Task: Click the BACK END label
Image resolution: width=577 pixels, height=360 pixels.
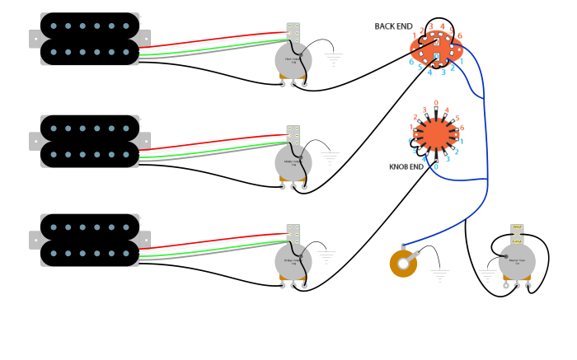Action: pyautogui.click(x=393, y=26)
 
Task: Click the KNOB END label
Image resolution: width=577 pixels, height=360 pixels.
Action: pyautogui.click(x=406, y=166)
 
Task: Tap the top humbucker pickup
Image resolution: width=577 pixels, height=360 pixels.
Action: pyautogui.click(x=89, y=39)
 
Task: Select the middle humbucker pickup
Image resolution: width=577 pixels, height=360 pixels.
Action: pyautogui.click(x=89, y=141)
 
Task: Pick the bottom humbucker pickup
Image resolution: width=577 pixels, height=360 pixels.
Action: pyautogui.click(x=89, y=241)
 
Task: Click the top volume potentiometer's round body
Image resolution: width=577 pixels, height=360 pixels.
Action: pyautogui.click(x=293, y=59)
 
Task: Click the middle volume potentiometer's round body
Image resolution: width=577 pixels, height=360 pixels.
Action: pyautogui.click(x=293, y=161)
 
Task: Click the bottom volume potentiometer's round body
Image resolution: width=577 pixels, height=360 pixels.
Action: pyautogui.click(x=293, y=261)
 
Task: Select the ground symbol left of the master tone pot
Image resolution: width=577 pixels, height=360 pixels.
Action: pyautogui.click(x=488, y=273)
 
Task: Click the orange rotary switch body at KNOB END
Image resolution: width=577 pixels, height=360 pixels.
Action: pyautogui.click(x=435, y=133)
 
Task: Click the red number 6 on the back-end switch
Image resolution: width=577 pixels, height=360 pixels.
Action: pyautogui.click(x=459, y=35)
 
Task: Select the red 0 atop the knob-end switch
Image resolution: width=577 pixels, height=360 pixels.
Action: pyautogui.click(x=436, y=103)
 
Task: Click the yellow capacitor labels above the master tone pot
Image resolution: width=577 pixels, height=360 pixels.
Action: pyautogui.click(x=517, y=233)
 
